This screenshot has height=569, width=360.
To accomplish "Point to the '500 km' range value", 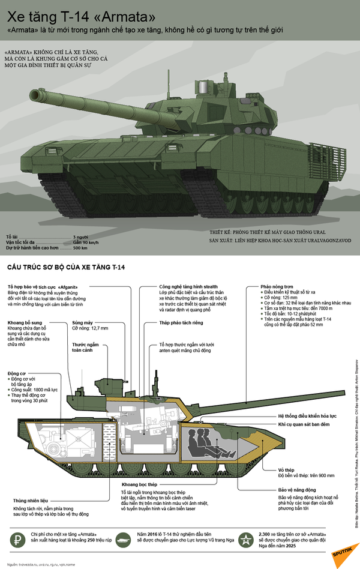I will click(x=81, y=248).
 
